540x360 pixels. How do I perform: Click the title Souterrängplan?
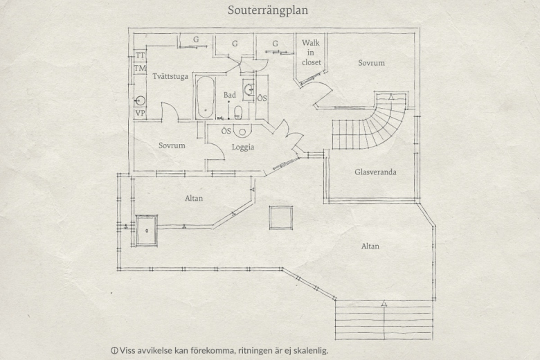(x=268, y=10)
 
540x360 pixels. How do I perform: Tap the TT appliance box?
(x=140, y=55)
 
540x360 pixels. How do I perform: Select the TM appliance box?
(x=140, y=68)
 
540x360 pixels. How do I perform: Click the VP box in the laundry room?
(x=140, y=114)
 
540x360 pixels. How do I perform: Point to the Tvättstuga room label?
(x=170, y=76)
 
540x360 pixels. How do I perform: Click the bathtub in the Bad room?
(x=206, y=98)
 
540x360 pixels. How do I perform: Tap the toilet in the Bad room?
(x=238, y=112)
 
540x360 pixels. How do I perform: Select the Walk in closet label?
(x=311, y=53)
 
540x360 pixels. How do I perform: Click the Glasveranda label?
(x=375, y=172)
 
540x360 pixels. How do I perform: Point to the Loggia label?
(x=243, y=147)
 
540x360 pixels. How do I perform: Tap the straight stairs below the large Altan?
(x=384, y=320)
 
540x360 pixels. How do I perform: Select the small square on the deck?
(x=281, y=217)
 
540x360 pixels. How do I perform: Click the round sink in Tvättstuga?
(x=140, y=100)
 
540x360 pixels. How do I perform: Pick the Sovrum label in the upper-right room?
(x=371, y=63)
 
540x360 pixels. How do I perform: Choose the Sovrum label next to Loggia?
(x=172, y=145)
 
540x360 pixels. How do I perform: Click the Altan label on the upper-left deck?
(x=194, y=199)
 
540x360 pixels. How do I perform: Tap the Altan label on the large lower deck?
(x=370, y=246)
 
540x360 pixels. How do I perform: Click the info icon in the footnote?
(x=114, y=351)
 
